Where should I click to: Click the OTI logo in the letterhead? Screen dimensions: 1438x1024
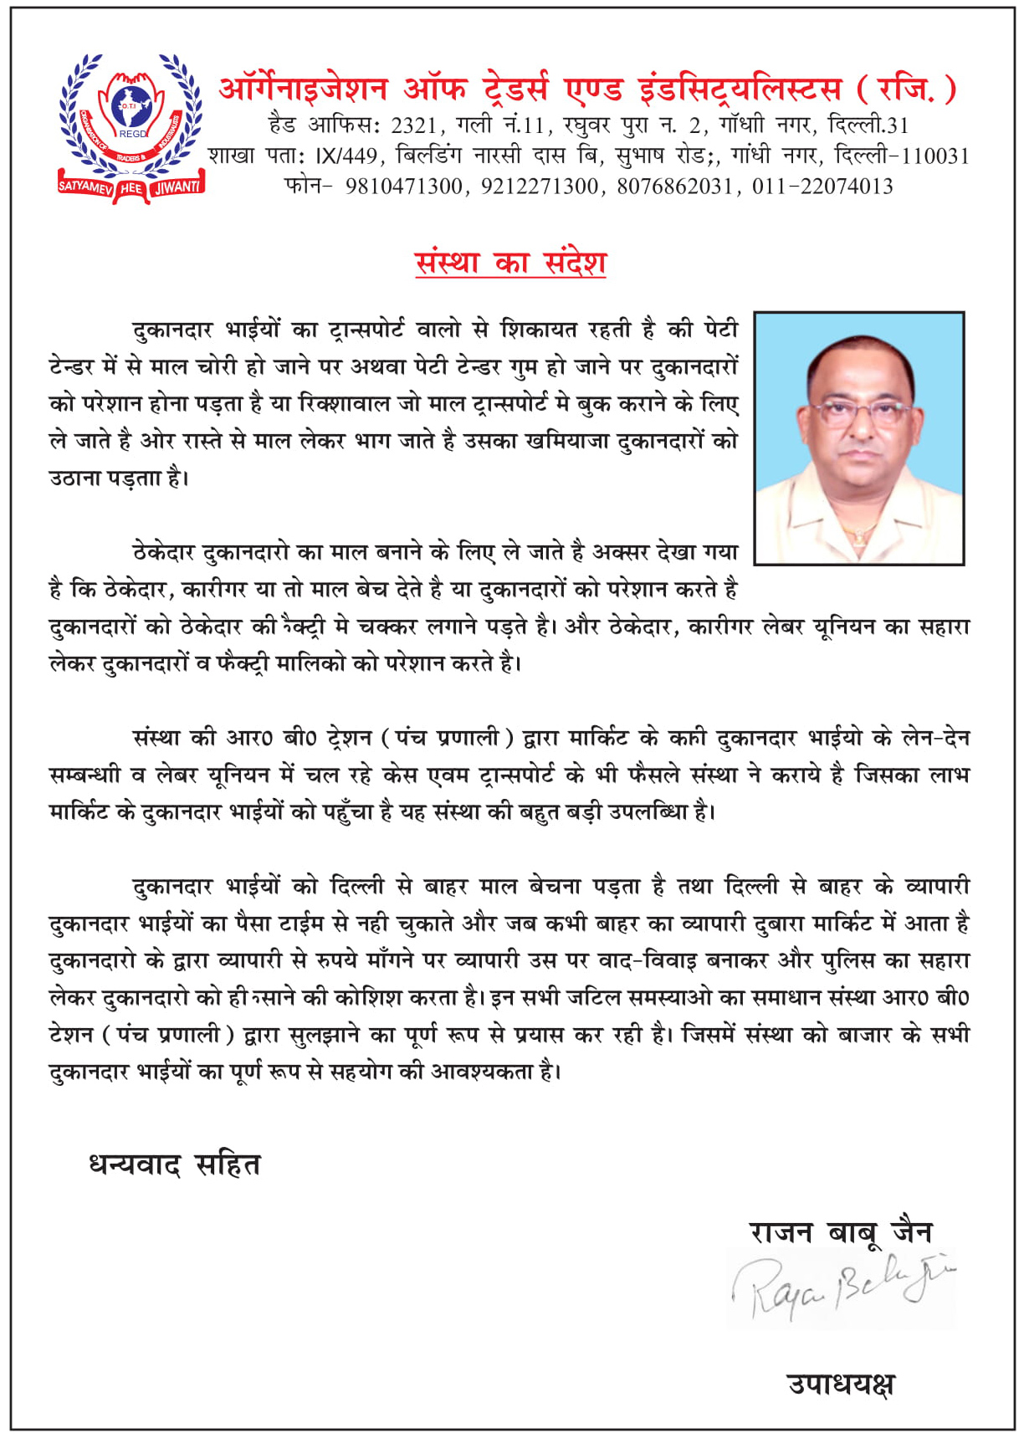(x=131, y=127)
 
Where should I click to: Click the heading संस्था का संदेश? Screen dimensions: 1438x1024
(x=510, y=262)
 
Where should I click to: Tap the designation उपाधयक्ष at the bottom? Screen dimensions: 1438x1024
(x=841, y=1384)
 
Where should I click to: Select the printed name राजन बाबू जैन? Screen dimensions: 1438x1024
(x=841, y=1231)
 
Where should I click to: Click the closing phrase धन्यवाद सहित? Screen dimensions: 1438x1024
(x=175, y=1164)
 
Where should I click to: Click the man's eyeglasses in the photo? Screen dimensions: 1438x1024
(x=859, y=412)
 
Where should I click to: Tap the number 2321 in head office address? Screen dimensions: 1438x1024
(x=414, y=125)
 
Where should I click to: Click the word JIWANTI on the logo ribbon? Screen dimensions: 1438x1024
(x=177, y=187)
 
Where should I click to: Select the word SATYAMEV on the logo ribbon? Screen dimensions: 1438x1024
(x=85, y=186)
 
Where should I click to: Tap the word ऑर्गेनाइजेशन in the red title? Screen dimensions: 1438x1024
(x=303, y=89)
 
